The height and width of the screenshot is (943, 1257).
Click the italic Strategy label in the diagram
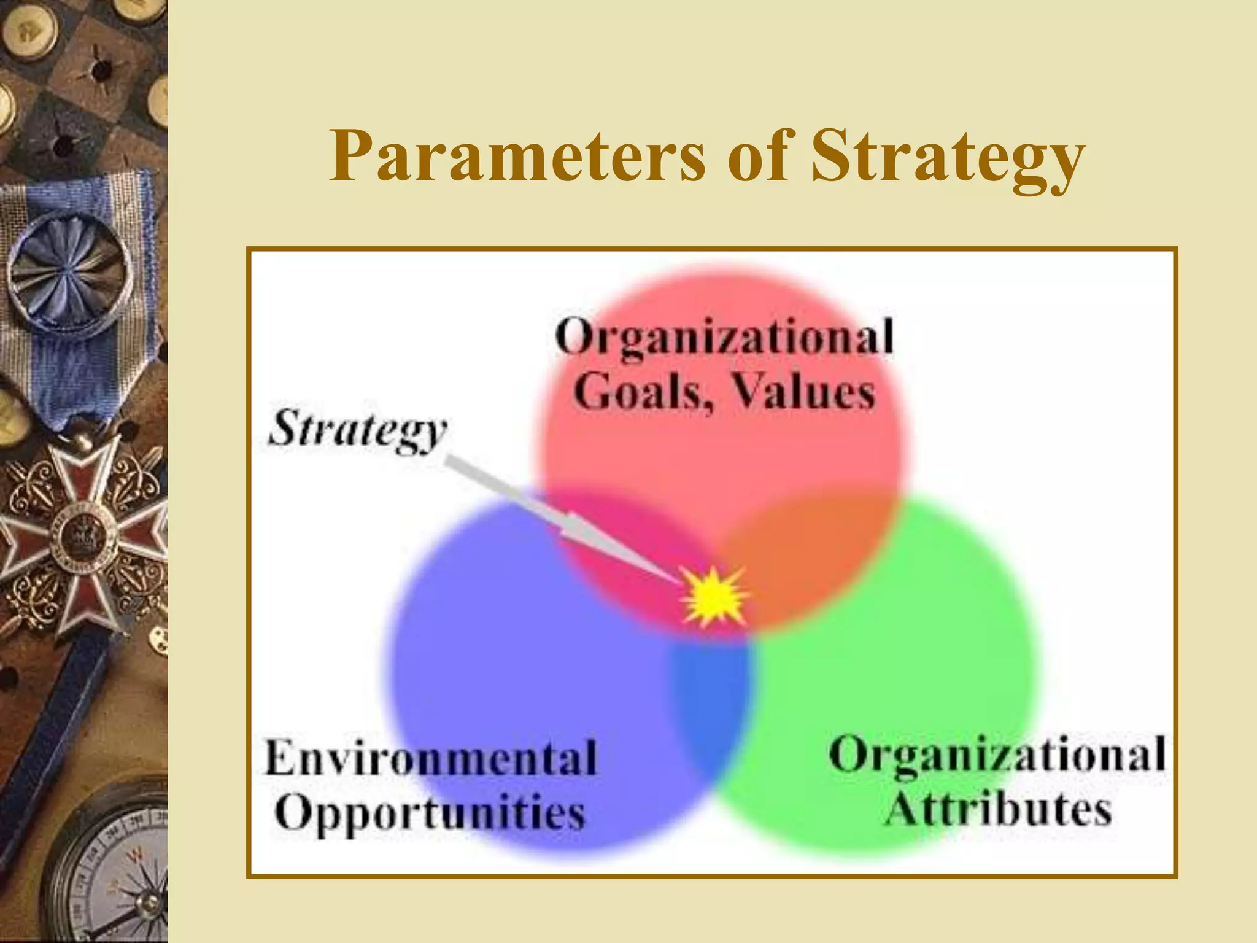pos(358,430)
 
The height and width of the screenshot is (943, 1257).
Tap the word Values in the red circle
pos(803,392)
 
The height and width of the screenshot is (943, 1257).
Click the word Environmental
pos(431,758)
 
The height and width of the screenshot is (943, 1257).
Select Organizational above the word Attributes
pos(997,755)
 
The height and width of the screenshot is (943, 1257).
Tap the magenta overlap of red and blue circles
pos(620,546)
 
